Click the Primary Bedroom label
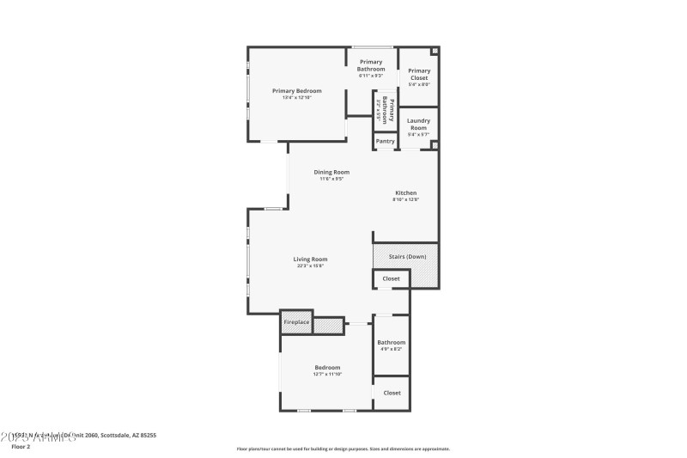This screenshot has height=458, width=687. [297, 91]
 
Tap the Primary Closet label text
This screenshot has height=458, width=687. [419, 74]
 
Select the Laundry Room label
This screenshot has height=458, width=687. [419, 124]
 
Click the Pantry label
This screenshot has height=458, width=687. [386, 141]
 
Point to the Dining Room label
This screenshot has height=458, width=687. [331, 172]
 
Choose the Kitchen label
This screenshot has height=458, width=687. [406, 192]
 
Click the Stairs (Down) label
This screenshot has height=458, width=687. [407, 256]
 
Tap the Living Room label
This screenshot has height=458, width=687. [310, 260]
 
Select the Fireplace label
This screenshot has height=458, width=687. [296, 322]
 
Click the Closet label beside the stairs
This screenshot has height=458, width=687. [391, 279]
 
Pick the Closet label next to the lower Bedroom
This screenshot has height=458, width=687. [392, 393]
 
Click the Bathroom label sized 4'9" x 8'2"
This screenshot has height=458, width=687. [392, 342]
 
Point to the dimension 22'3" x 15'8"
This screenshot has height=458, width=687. [310, 266]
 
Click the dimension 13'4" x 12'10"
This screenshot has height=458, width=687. [297, 98]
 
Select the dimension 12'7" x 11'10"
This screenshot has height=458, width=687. [327, 374]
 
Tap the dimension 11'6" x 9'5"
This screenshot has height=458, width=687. [331, 179]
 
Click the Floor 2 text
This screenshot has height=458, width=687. [20, 447]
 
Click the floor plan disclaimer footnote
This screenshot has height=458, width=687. [343, 449]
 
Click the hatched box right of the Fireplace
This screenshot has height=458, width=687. [327, 326]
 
